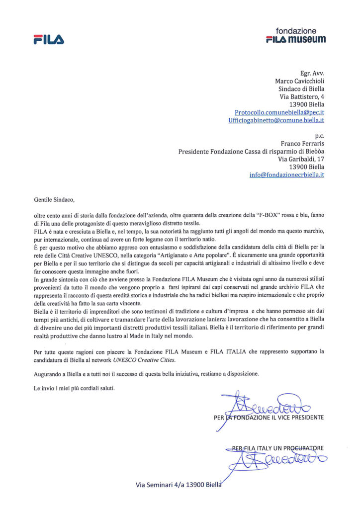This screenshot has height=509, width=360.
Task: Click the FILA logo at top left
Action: [48, 39]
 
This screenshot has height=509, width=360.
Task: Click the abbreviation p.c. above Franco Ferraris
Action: [319, 135]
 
